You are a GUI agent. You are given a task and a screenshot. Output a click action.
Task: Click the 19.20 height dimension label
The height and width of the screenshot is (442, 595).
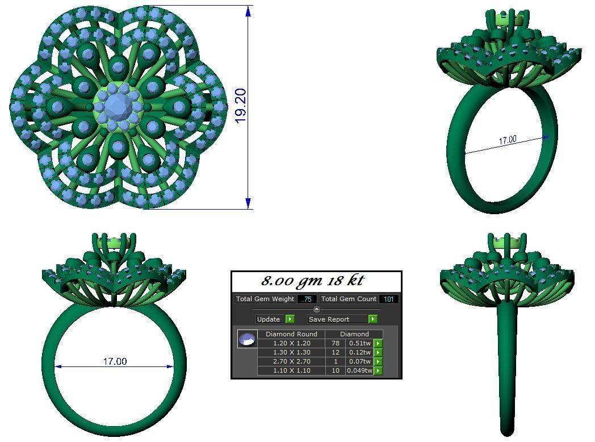click(240, 106)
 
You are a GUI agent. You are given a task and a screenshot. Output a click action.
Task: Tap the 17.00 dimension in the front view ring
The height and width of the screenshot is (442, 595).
click(115, 361)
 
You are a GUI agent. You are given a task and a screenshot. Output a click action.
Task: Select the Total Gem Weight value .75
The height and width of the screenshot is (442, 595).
click(307, 299)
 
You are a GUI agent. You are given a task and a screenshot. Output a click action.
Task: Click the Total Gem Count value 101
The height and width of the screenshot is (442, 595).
click(389, 299)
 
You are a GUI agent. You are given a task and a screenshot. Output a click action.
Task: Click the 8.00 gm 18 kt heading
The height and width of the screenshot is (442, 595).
click(312, 281)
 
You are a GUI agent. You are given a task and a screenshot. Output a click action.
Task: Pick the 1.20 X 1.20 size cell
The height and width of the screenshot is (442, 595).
click(291, 343)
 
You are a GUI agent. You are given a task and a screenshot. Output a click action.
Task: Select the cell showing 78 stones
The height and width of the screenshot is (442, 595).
click(335, 343)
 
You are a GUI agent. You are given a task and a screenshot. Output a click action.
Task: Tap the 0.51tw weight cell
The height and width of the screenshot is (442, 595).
click(359, 343)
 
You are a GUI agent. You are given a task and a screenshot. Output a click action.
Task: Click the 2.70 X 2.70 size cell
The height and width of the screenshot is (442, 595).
click(291, 361)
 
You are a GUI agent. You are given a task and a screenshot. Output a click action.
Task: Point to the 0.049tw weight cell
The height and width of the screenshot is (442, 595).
click(359, 370)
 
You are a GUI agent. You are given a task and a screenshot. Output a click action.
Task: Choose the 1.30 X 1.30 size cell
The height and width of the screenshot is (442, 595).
click(291, 352)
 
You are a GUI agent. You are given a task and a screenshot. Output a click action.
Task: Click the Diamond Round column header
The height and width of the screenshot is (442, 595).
click(291, 334)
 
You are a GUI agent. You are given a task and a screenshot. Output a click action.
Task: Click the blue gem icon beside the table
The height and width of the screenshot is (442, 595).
click(247, 339)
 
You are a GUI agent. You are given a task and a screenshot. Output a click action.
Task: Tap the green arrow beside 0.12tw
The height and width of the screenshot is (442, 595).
click(378, 352)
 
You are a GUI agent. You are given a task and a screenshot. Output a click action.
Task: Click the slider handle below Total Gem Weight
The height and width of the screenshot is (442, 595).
click(317, 309)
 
